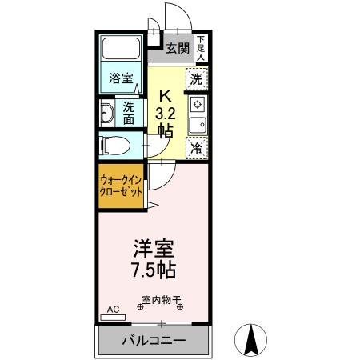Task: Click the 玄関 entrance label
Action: [178, 48]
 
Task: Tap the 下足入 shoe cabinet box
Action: [201, 49]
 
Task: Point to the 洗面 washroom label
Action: [130, 113]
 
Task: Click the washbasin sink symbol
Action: [107, 113]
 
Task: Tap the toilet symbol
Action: [113, 146]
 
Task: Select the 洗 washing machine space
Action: [197, 78]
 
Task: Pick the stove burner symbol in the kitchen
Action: [197, 104]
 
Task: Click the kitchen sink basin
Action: [197, 124]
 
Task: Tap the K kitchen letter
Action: [166, 92]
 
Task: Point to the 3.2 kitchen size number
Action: [166, 112]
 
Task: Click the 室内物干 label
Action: [162, 302]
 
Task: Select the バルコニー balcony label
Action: [154, 340]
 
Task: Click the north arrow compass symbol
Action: [250, 341]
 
